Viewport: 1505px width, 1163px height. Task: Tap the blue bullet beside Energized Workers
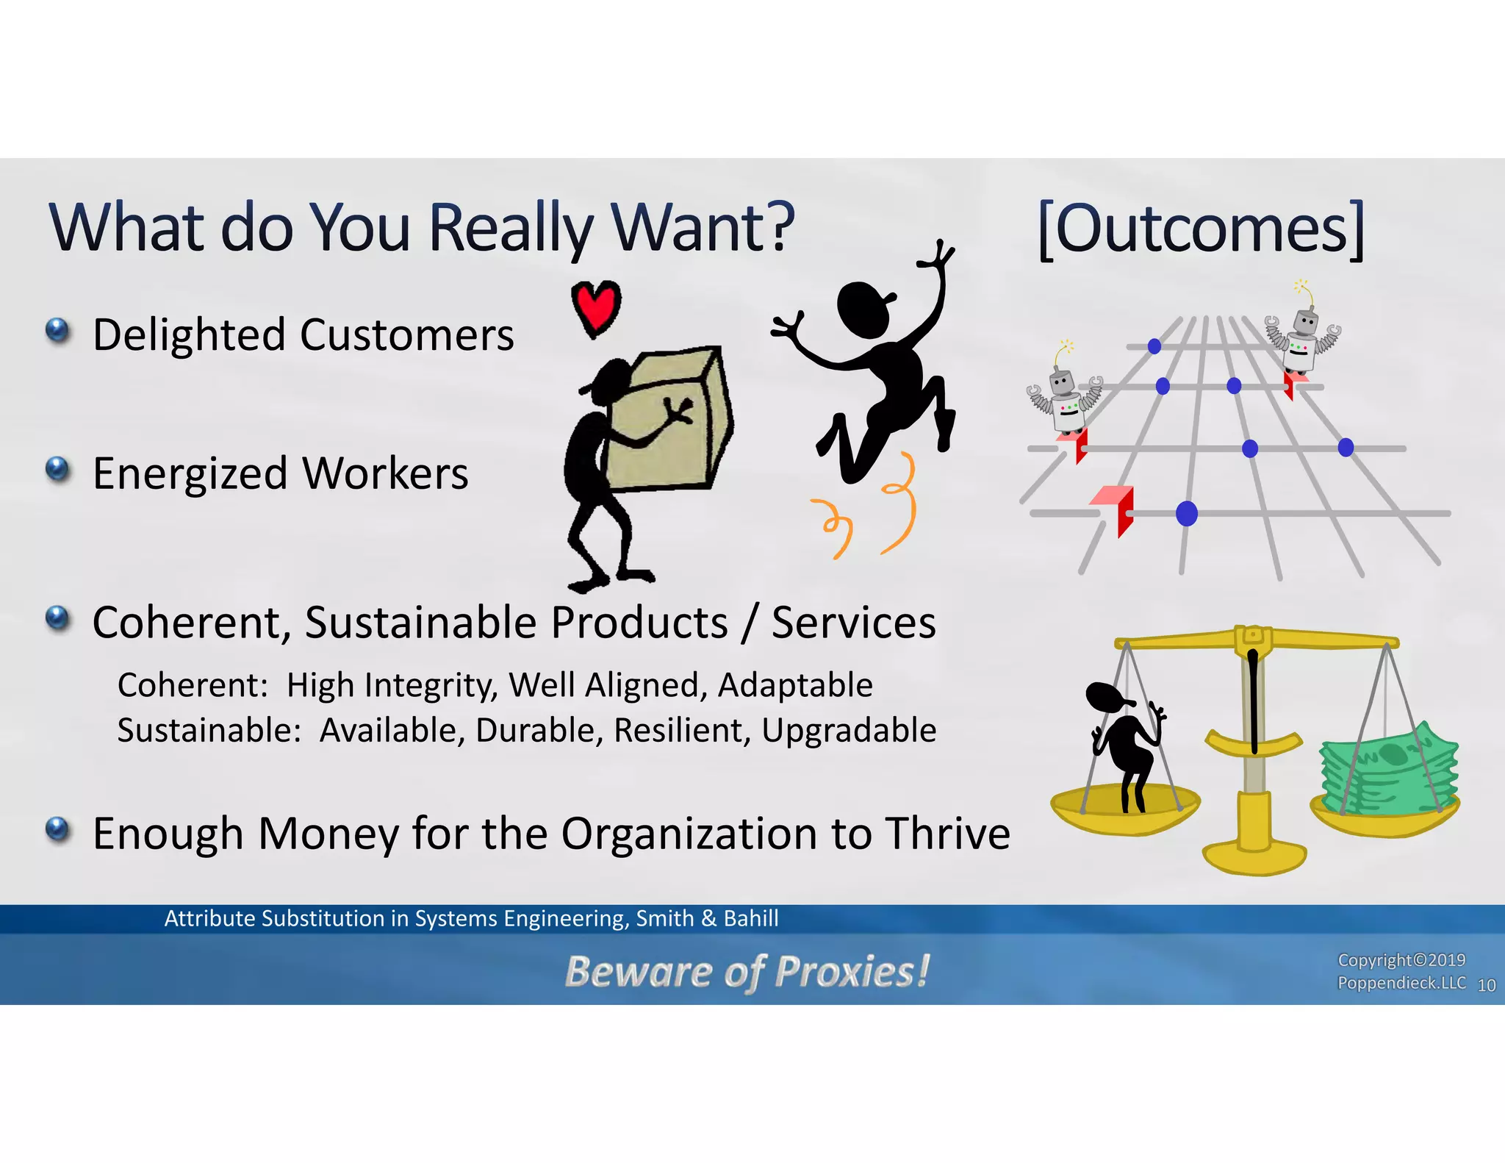pos(57,469)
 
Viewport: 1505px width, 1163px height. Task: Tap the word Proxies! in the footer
pos(852,971)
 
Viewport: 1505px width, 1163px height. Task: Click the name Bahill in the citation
pos(750,918)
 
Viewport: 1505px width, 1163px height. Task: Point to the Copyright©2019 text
pos(1401,960)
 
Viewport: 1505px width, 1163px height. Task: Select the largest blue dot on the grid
pos(1186,513)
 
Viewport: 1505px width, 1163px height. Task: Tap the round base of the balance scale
pos(1254,857)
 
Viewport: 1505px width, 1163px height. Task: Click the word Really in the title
pos(510,228)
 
